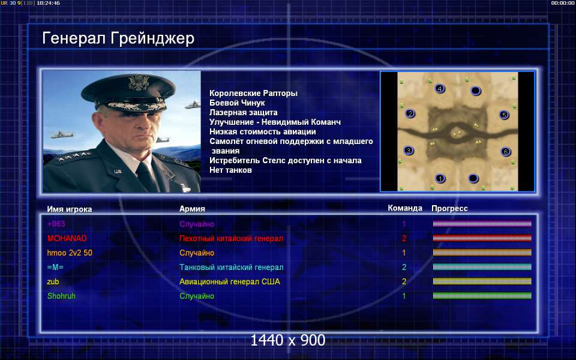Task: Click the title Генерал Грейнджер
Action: pyautogui.click(x=118, y=38)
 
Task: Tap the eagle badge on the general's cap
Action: pyautogui.click(x=138, y=82)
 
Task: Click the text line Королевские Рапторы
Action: pyautogui.click(x=253, y=94)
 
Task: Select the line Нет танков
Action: pyautogui.click(x=230, y=170)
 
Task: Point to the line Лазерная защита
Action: pyautogui.click(x=244, y=112)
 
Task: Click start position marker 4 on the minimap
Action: pyautogui.click(x=440, y=88)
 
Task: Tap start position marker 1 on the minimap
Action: pyautogui.click(x=440, y=179)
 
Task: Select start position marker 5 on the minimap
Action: pyautogui.click(x=504, y=115)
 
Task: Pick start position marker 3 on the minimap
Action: pyautogui.click(x=409, y=150)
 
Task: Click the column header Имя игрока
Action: pyautogui.click(x=70, y=209)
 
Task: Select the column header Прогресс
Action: pyautogui.click(x=449, y=208)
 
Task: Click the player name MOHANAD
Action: pyautogui.click(x=67, y=238)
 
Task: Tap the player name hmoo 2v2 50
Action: pyautogui.click(x=70, y=253)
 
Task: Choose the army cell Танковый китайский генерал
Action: pyautogui.click(x=232, y=267)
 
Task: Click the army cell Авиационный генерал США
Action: pyautogui.click(x=230, y=281)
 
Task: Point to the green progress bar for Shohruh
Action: pyautogui.click(x=482, y=296)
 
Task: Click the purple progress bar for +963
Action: pyautogui.click(x=482, y=224)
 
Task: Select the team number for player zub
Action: pyautogui.click(x=404, y=281)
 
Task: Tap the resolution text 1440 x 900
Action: pyautogui.click(x=287, y=340)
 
